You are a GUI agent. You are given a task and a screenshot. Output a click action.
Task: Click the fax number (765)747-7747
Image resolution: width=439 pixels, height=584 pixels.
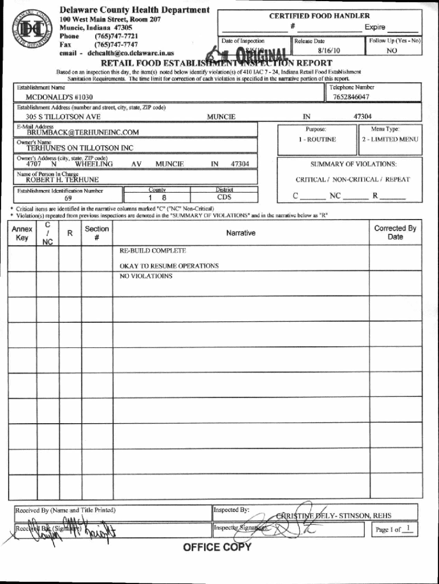point(116,44)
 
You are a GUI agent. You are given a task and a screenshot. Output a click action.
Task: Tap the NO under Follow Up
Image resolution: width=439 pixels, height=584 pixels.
point(392,50)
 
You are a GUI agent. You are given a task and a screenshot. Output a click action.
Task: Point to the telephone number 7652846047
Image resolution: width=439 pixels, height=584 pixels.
point(351,97)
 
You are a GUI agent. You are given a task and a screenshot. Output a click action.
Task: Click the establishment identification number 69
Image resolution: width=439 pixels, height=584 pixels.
point(68,198)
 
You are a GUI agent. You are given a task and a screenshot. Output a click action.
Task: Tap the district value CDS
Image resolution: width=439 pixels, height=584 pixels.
point(224,197)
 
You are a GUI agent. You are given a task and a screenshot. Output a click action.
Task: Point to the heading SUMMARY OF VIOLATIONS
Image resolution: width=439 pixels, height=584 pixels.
point(353,164)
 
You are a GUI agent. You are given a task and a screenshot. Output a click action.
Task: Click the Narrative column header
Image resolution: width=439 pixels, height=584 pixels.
point(241,233)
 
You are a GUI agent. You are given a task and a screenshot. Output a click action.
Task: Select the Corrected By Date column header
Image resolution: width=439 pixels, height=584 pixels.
point(395,232)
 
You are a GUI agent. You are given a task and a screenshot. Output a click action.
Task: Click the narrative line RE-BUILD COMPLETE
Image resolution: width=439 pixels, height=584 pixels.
point(152,251)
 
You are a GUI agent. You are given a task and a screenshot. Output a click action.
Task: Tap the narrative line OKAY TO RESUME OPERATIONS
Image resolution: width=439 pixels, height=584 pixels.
point(169,266)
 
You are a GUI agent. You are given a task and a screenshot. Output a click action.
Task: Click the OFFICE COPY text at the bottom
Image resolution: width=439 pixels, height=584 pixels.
point(217,547)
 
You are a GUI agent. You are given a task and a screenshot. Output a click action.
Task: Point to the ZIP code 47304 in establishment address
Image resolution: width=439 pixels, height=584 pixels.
point(363,116)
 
